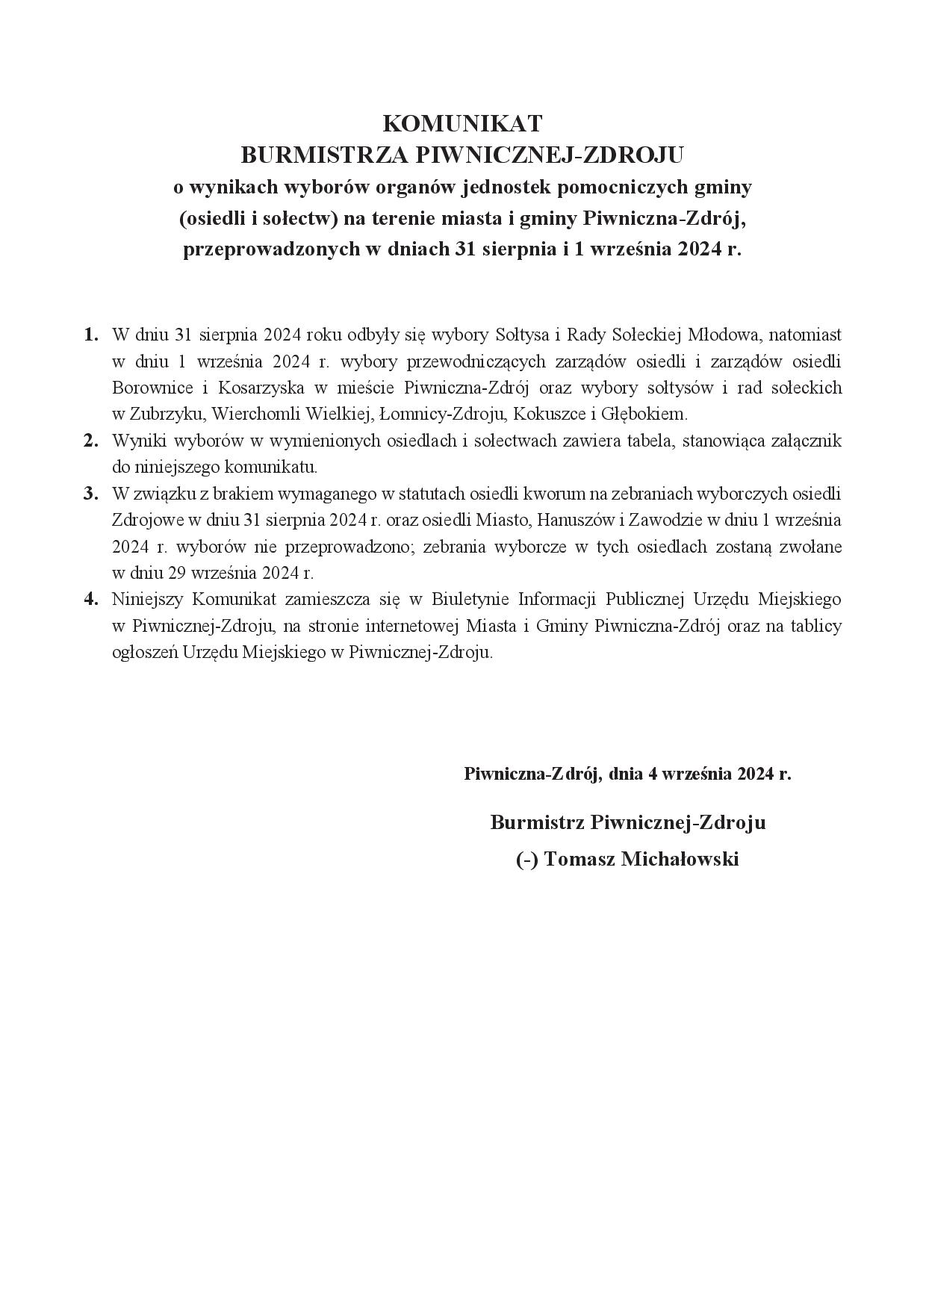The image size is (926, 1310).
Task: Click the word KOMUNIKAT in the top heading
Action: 462,123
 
